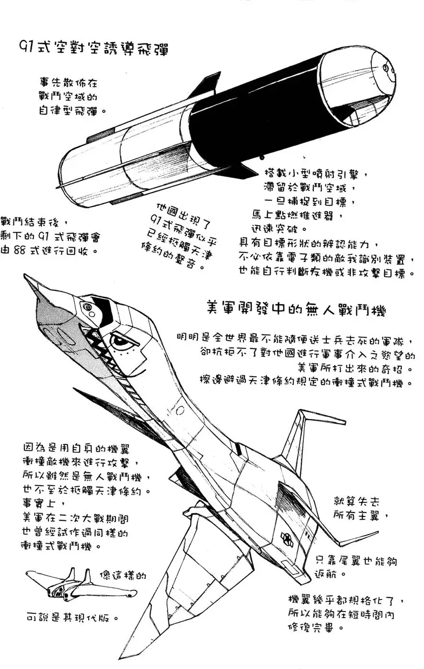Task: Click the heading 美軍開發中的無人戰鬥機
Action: (295, 308)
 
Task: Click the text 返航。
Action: (330, 574)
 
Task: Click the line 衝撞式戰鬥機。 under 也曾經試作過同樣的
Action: (61, 546)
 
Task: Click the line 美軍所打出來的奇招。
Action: (355, 369)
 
